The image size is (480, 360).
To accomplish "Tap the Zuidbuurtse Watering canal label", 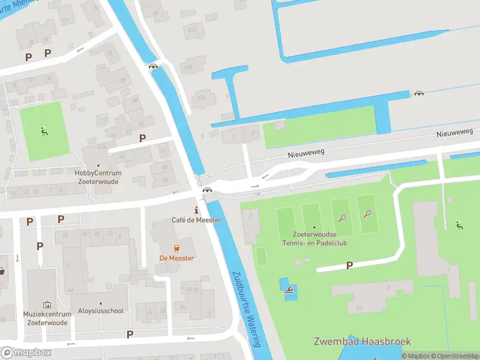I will [247, 308].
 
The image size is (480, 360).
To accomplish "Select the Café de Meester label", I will [196, 220].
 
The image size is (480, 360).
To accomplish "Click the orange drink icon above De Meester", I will [176, 248].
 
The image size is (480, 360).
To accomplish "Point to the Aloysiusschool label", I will [101, 311].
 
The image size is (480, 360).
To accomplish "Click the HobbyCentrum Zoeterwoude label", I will [98, 176].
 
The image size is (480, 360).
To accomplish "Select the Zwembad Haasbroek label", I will [362, 341].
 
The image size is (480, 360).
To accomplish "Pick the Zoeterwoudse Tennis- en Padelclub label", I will [314, 238].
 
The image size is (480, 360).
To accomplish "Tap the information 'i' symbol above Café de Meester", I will [196, 210].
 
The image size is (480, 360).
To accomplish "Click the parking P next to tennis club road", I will [349, 265].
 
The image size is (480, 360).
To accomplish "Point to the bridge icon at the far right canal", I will [419, 94].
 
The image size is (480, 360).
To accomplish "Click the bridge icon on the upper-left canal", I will [153, 66].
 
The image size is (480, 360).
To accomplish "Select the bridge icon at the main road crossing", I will [207, 191].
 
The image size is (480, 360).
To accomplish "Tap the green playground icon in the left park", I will [43, 131].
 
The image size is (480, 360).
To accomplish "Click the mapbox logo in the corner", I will [26, 353].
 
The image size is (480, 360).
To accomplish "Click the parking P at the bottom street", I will [130, 334].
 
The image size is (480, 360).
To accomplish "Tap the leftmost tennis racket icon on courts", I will [342, 218].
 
